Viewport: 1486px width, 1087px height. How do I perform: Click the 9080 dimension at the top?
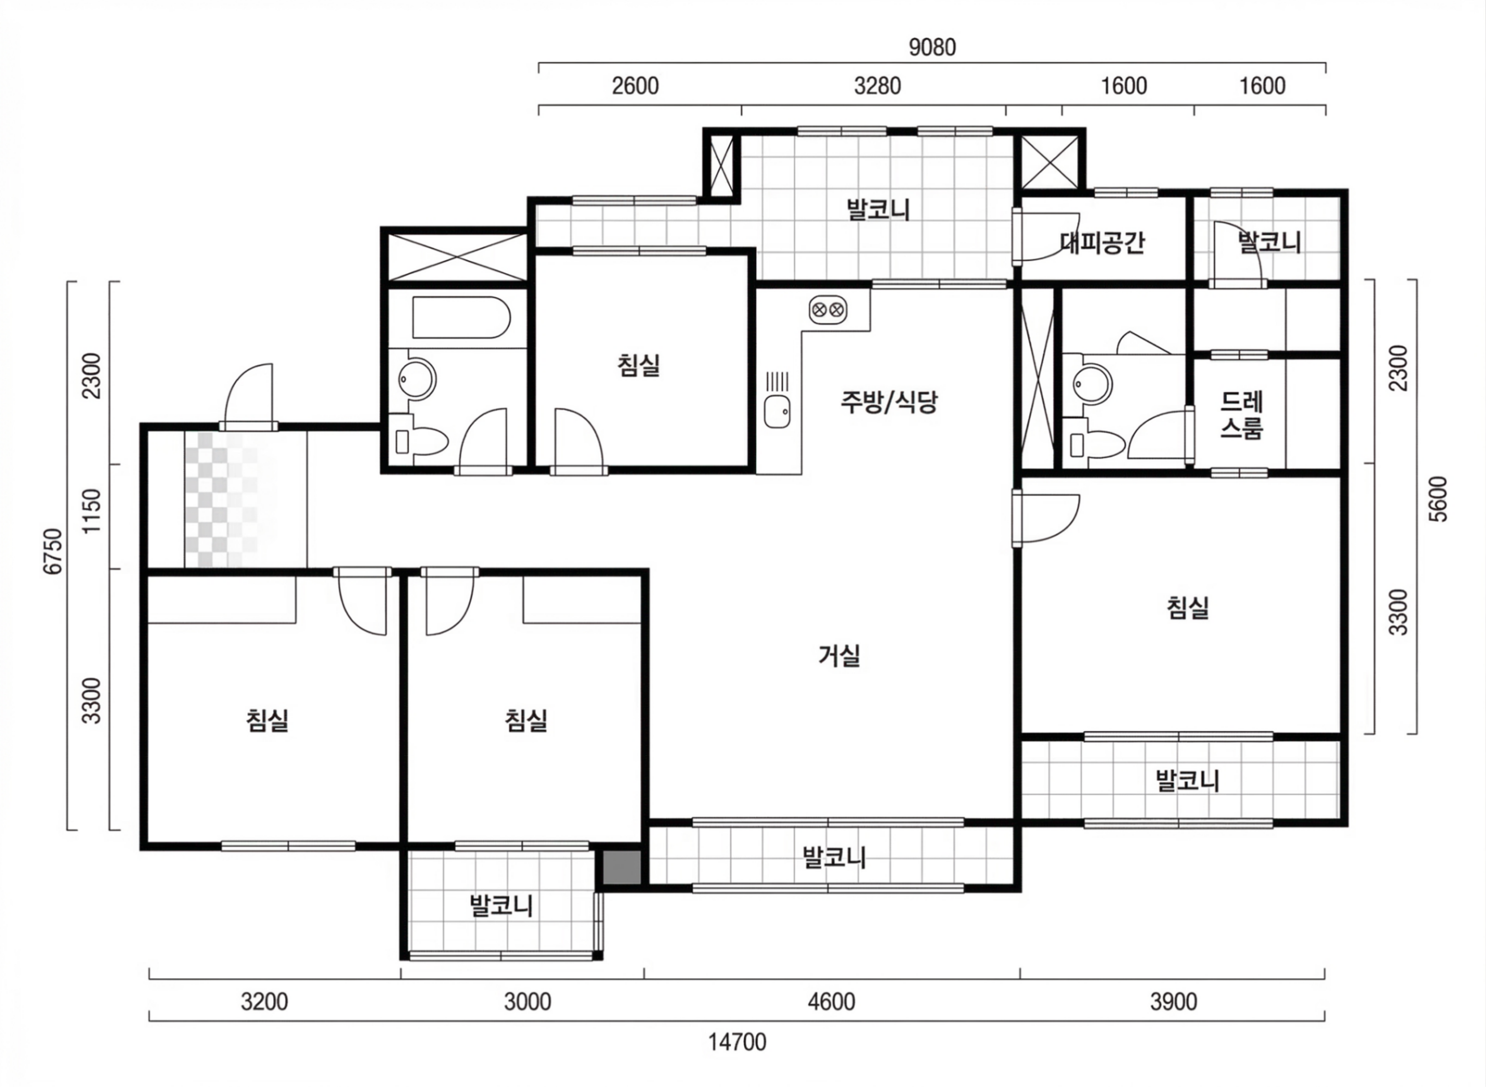click(932, 47)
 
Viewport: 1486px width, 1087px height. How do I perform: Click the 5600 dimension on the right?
click(1439, 499)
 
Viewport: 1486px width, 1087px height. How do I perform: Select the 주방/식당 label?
click(889, 402)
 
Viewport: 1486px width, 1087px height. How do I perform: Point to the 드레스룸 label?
click(1241, 415)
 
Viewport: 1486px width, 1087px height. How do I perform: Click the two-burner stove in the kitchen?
click(827, 309)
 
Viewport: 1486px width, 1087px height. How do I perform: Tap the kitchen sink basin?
click(777, 413)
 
